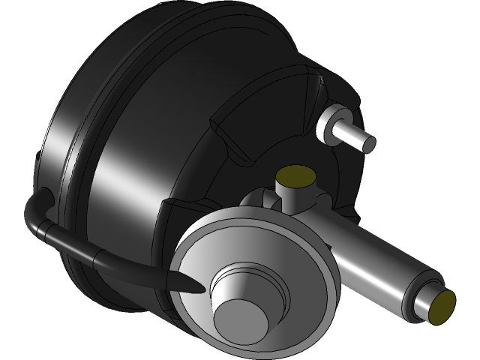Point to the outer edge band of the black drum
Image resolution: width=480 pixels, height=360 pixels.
point(60,150)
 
